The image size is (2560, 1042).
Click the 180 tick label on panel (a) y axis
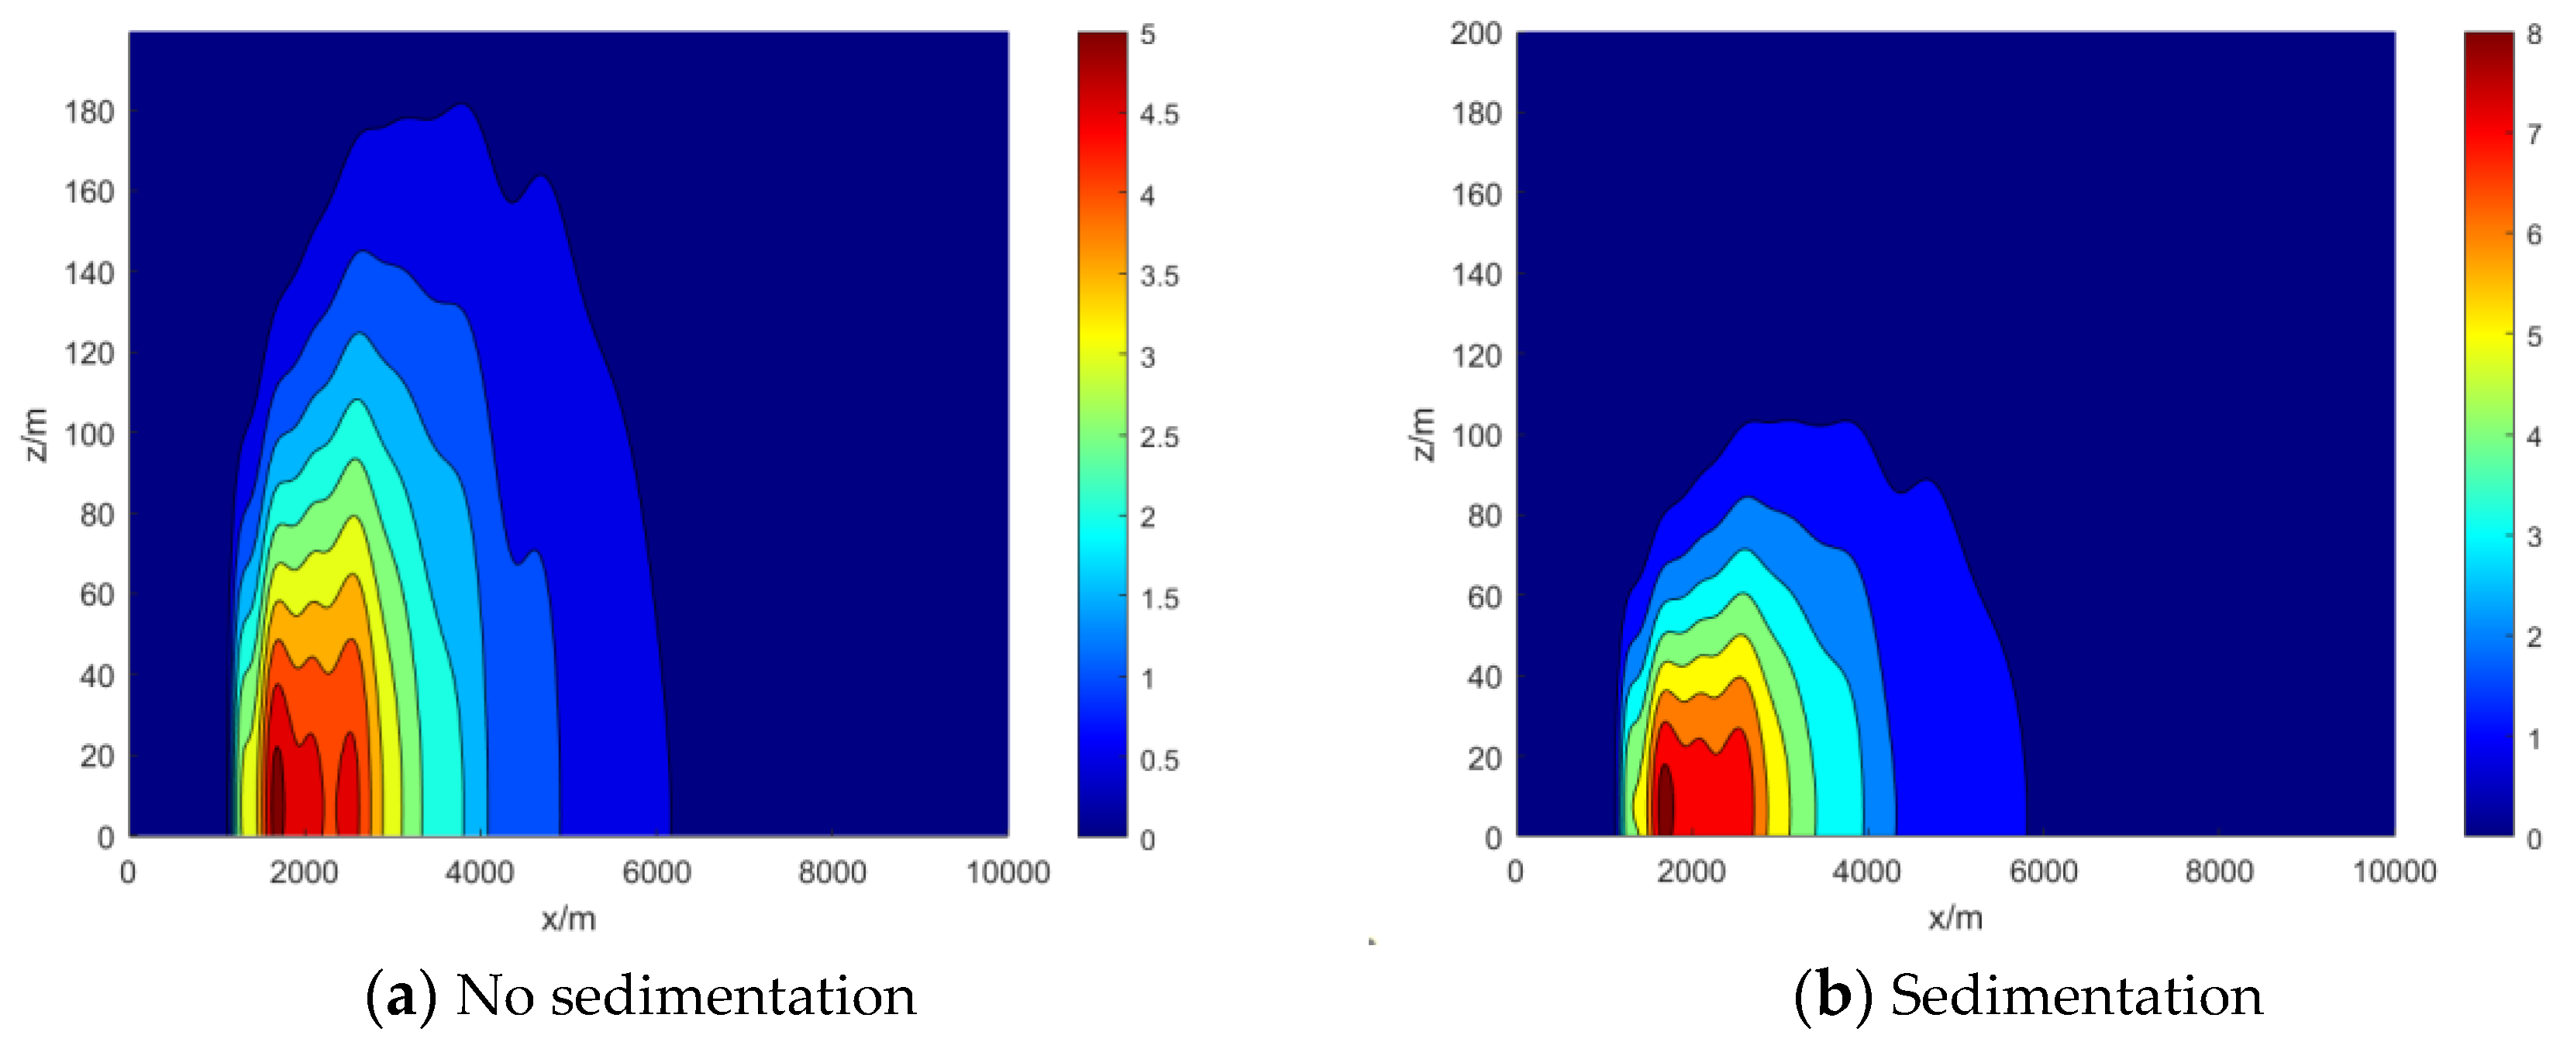tap(89, 112)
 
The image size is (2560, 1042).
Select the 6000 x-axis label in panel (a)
tap(656, 872)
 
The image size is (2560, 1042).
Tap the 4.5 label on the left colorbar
tap(1159, 114)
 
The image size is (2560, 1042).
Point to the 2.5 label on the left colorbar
tap(1159, 437)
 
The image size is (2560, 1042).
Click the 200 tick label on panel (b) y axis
tap(1476, 34)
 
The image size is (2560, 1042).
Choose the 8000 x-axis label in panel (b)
tap(2218, 871)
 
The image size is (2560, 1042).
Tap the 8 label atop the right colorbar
tap(2533, 34)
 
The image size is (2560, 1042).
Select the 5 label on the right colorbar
tap(2533, 335)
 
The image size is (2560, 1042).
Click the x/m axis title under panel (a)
tap(568, 918)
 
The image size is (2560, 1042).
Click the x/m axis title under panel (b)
tap(1955, 916)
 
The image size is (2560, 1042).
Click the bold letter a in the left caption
tap(401, 996)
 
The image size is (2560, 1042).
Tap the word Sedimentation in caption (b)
tap(2076, 996)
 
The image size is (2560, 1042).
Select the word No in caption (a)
tap(494, 996)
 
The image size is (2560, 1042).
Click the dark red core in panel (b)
tap(1665, 800)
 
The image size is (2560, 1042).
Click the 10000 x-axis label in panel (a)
tap(1008, 872)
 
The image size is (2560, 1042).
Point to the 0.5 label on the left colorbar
tap(1159, 760)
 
